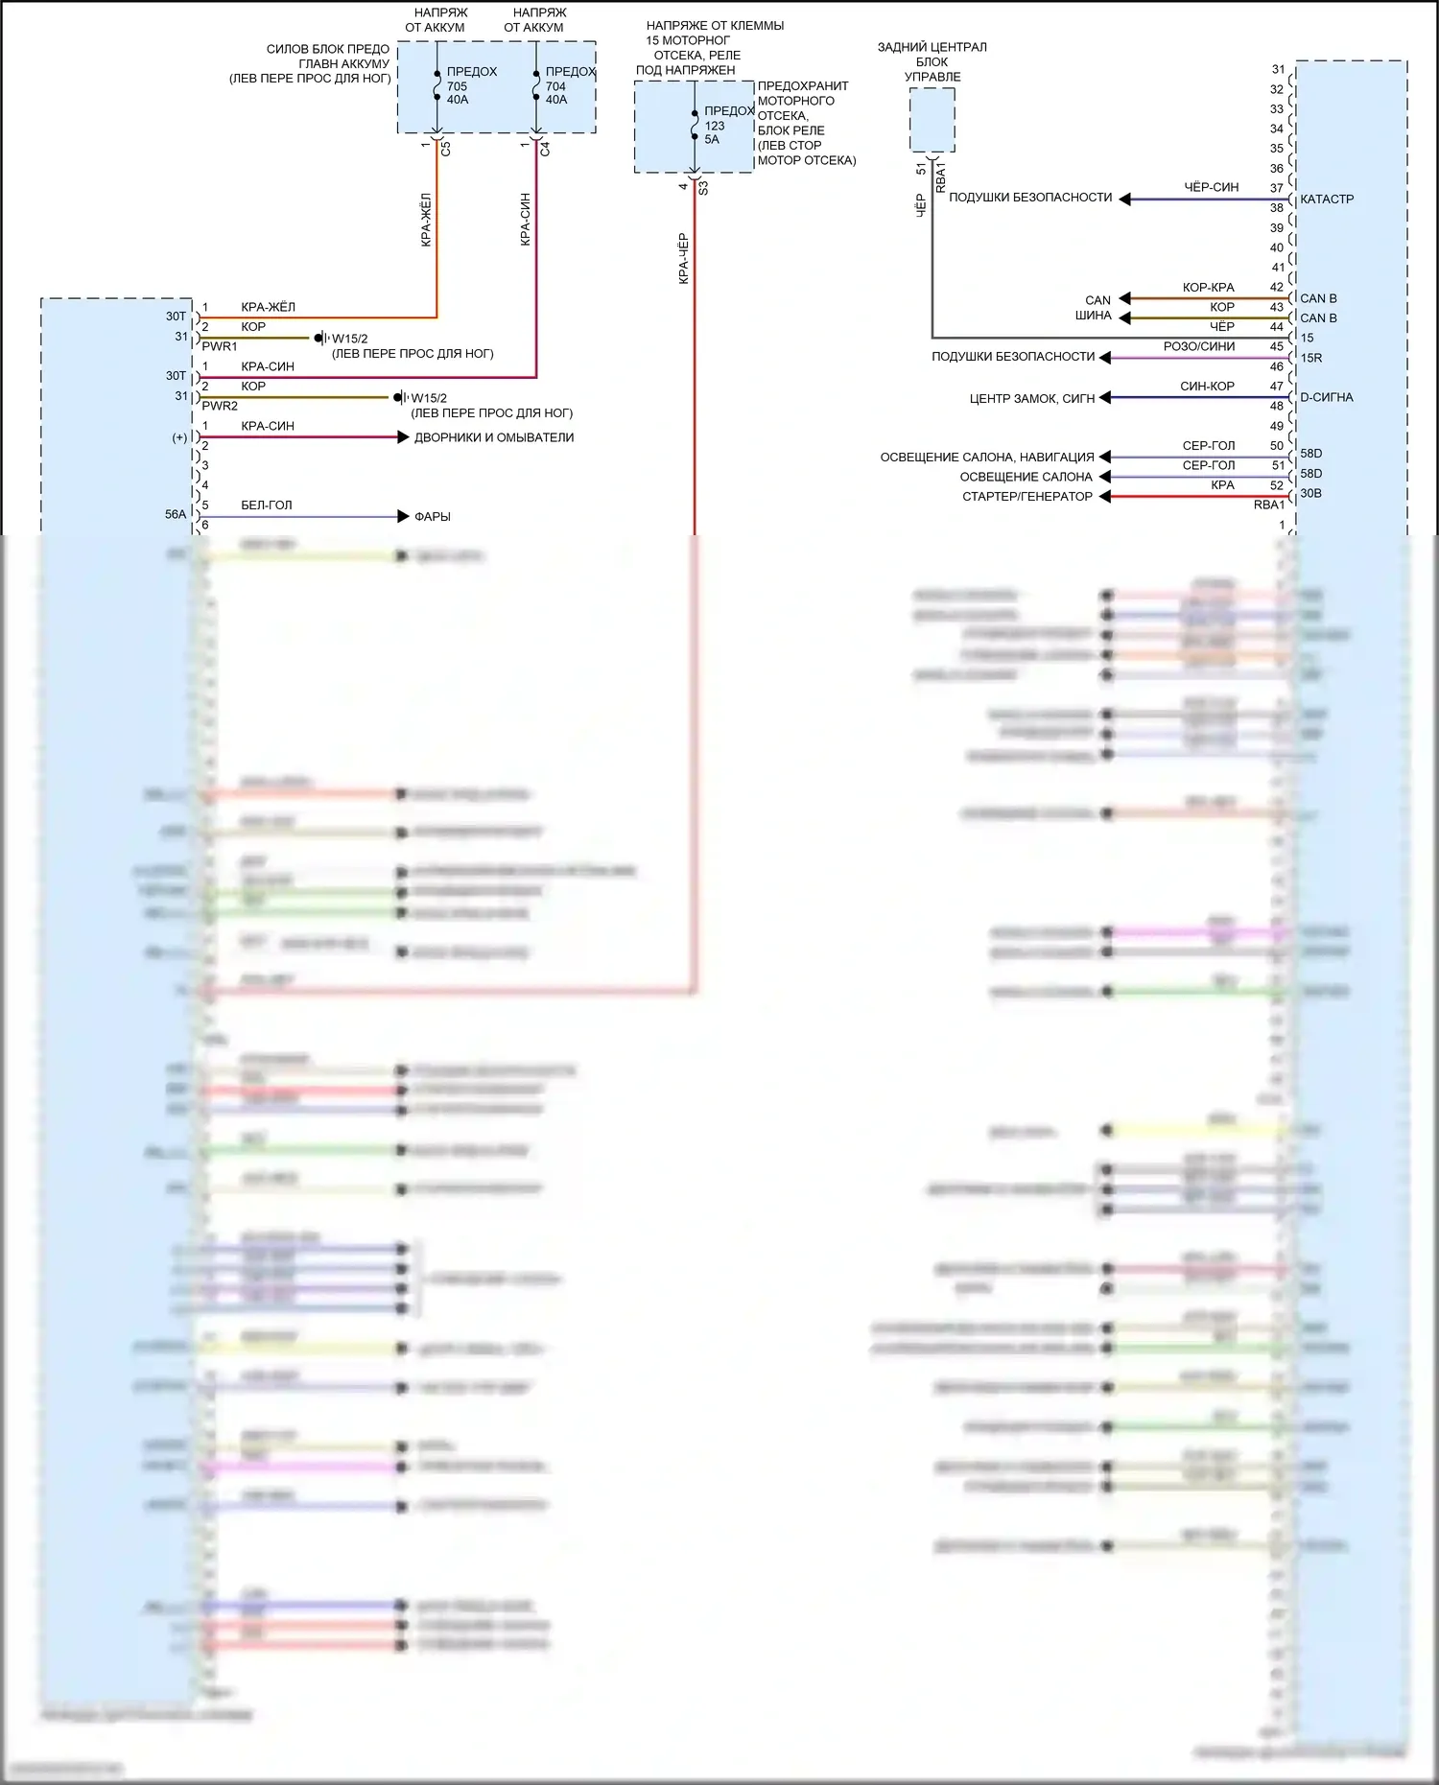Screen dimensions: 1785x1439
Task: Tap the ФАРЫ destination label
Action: coord(432,517)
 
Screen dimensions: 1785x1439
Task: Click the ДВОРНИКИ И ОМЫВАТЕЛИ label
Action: coord(494,437)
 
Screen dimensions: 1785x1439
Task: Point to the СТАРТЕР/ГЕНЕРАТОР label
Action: coord(1027,497)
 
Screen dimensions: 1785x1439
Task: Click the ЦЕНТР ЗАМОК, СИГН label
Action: coord(1032,398)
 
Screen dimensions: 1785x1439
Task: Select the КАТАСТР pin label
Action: coord(1327,200)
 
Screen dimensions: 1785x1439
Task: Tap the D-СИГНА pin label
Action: coord(1327,397)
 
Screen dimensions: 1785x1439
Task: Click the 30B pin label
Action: coord(1310,494)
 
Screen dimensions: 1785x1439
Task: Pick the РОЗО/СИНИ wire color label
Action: coord(1199,346)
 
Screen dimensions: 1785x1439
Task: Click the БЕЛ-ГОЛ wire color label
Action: coord(266,505)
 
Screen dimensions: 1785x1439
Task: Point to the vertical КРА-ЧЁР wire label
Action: coord(684,258)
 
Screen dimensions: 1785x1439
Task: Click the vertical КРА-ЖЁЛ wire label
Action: coord(427,220)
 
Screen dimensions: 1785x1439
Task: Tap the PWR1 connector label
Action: coord(220,346)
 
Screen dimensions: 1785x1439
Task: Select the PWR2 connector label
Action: coord(220,406)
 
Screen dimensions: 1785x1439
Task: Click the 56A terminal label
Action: coord(175,514)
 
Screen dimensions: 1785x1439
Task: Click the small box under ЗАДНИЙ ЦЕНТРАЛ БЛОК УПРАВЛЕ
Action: coord(932,120)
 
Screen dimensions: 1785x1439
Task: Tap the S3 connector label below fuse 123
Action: coord(703,188)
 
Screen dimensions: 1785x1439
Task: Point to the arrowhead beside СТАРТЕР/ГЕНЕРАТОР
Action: coord(1105,497)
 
